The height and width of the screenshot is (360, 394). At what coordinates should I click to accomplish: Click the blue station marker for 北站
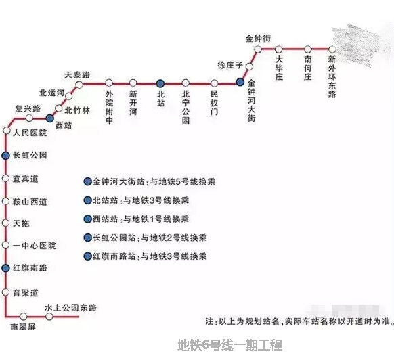[x=160, y=83]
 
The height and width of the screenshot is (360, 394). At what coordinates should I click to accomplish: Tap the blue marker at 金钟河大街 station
[x=240, y=82]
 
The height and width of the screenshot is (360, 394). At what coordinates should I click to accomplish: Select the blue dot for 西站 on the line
[x=49, y=118]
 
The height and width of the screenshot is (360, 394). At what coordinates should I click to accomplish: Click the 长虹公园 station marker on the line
[x=5, y=156]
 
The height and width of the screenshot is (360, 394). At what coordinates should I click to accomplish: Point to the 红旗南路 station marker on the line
[x=5, y=268]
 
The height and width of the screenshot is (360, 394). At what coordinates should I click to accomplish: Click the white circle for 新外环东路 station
[x=332, y=49]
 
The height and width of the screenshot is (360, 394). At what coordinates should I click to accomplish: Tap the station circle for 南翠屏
[x=24, y=316]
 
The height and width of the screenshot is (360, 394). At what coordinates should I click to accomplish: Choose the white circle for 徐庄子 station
[x=249, y=66]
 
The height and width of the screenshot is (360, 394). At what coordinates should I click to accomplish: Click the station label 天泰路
[x=77, y=75]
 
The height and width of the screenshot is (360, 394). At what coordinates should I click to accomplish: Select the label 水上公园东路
[x=70, y=307]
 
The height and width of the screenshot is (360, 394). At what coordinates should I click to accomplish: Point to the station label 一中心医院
[x=34, y=246]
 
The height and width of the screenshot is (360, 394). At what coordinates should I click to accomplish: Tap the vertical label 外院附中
[x=109, y=107]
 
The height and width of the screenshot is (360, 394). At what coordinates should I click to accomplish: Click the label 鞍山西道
[x=30, y=202]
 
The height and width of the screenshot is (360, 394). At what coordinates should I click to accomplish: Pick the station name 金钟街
[x=258, y=39]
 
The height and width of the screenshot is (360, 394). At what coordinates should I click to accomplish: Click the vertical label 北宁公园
[x=185, y=107]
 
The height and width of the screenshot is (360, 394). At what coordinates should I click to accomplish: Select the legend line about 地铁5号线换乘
[x=150, y=181]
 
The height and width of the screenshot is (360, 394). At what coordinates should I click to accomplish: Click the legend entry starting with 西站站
[x=136, y=219]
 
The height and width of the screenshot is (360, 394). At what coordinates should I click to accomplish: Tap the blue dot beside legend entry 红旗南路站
[x=87, y=256]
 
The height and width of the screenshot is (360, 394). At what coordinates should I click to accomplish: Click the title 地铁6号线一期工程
[x=230, y=345]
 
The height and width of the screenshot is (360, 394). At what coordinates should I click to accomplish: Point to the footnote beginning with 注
[x=299, y=321]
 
